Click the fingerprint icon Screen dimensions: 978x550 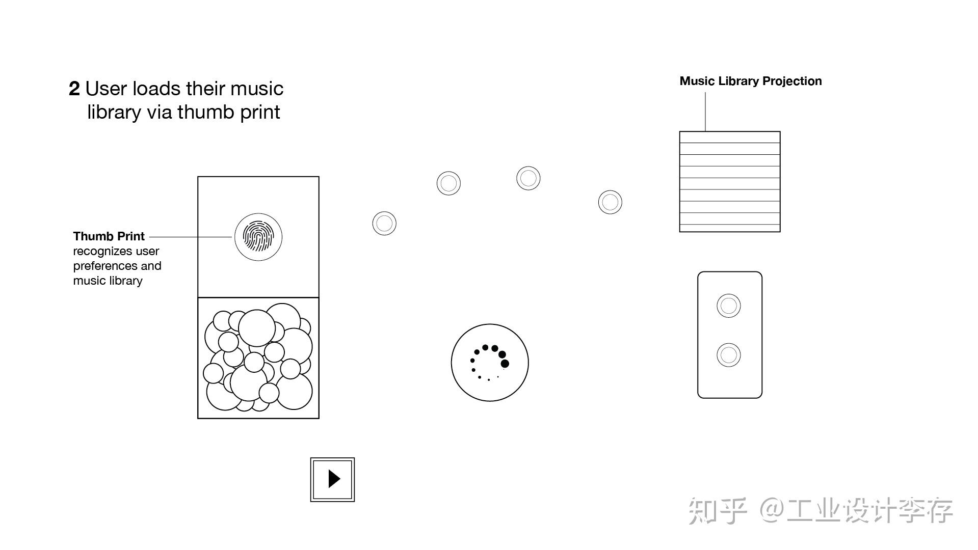(x=258, y=237)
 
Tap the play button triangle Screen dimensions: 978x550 (x=334, y=479)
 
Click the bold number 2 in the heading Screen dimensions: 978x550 (x=74, y=89)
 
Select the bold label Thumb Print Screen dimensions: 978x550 (x=109, y=236)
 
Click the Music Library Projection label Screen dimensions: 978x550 (x=750, y=81)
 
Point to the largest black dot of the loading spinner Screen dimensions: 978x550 (x=505, y=364)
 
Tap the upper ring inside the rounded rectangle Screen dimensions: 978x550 (x=728, y=306)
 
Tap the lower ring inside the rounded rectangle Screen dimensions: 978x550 (x=728, y=355)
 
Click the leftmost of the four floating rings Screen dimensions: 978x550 (x=384, y=223)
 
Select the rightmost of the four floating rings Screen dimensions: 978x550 (x=610, y=202)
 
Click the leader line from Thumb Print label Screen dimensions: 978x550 (x=191, y=237)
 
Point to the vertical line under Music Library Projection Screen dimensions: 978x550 (x=705, y=112)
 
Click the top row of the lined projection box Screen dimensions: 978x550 (x=729, y=137)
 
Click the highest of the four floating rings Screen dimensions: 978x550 (x=528, y=178)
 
